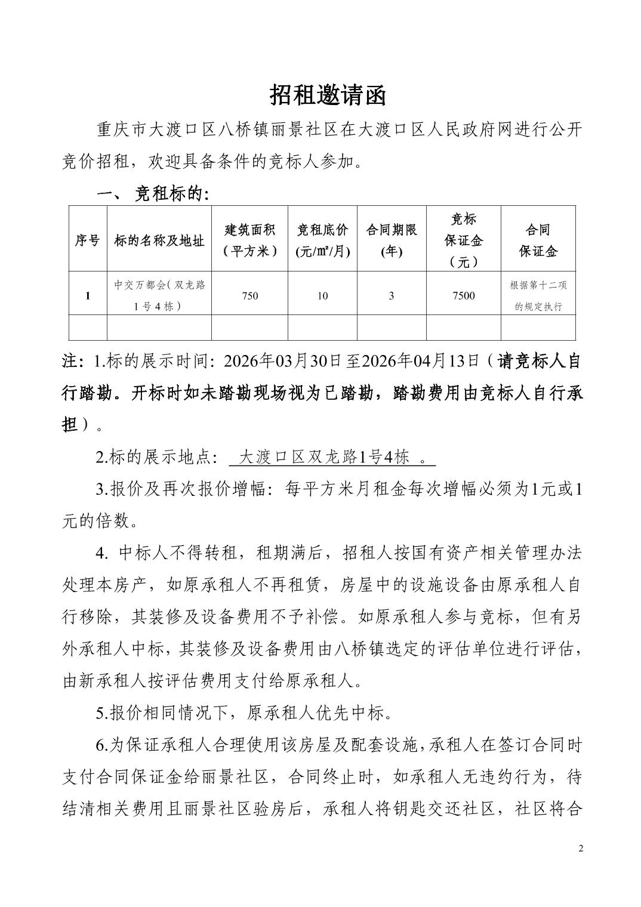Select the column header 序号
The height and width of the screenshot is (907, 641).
coord(88,240)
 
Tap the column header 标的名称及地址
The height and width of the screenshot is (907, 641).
coord(159,240)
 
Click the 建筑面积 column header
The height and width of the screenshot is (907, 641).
coord(249,240)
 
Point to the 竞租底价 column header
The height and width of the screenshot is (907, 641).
coord(322,240)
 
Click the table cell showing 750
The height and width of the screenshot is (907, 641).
coord(249,295)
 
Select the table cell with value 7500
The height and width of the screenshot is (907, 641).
coord(463,295)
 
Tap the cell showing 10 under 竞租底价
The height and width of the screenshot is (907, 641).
coord(322,295)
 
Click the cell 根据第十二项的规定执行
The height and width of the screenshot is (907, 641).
coord(538,295)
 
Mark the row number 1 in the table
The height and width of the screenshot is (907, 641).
coord(88,295)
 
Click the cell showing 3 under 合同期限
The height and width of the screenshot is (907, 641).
coord(392,295)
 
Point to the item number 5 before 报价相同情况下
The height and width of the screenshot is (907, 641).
coord(100,712)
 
